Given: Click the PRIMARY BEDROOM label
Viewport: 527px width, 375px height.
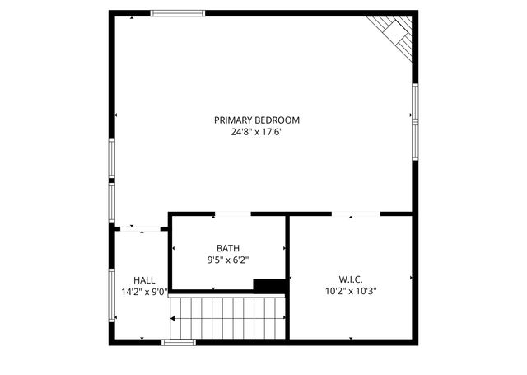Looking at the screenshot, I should [x=257, y=120].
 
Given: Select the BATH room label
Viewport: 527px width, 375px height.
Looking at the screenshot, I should [x=228, y=248].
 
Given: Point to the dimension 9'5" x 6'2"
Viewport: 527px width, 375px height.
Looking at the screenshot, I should [x=228, y=260].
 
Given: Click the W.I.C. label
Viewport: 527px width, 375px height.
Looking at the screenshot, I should [x=351, y=279].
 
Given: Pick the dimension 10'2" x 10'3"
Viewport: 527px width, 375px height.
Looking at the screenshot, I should [x=351, y=290].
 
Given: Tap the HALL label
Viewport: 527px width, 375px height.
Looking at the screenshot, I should [x=143, y=279].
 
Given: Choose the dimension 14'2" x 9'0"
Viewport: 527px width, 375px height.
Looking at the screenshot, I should [x=143, y=291].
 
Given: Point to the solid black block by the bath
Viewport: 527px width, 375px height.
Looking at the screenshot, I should [x=269, y=285].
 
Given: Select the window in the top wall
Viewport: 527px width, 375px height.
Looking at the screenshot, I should [x=177, y=13].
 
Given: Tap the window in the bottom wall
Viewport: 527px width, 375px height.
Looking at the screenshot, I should [x=179, y=342].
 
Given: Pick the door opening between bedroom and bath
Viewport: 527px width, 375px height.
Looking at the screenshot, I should [x=232, y=214].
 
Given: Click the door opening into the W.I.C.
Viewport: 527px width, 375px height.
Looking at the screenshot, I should [x=356, y=214].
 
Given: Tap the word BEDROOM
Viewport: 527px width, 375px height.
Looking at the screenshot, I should [x=278, y=120].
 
